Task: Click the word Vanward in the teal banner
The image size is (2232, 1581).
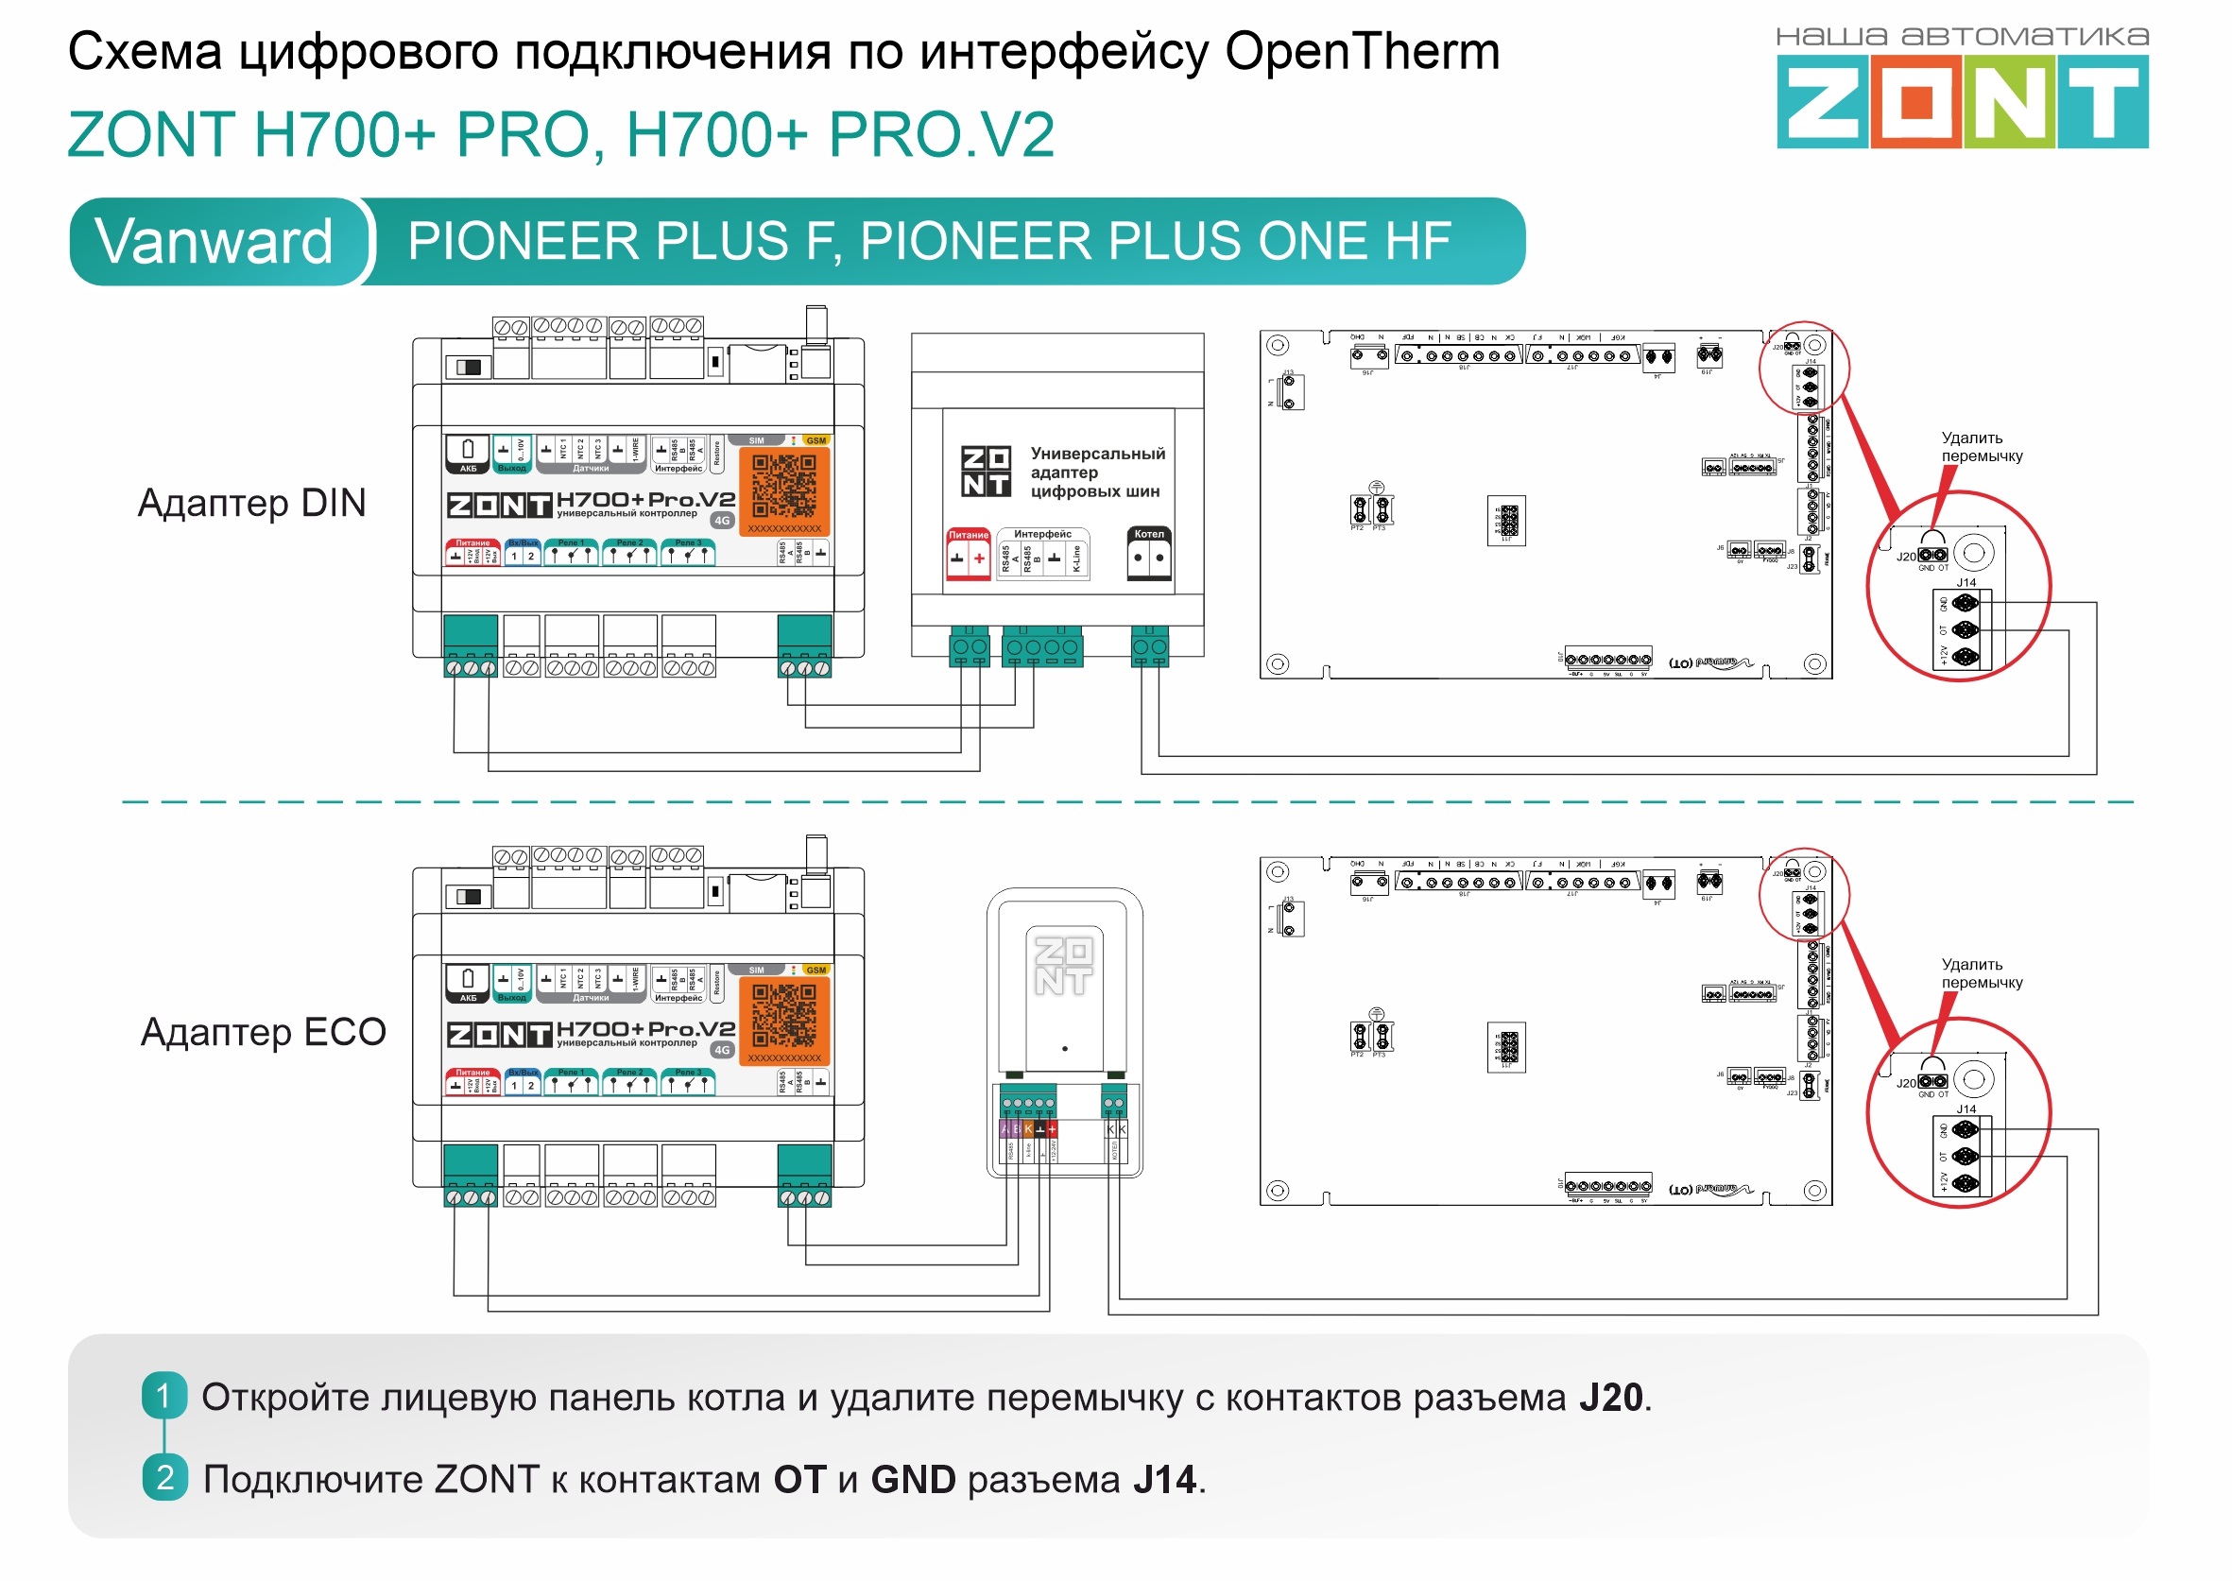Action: coord(214,241)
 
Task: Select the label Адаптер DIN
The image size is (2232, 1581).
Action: coord(251,504)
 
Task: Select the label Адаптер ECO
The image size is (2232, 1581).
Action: coord(263,1032)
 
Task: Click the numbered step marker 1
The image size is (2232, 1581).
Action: coord(163,1396)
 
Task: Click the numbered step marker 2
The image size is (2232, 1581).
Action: coord(163,1478)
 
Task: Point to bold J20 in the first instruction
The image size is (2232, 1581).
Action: coord(1610,1398)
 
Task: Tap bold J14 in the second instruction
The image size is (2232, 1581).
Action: coord(1164,1480)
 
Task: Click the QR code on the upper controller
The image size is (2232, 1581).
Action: coord(783,486)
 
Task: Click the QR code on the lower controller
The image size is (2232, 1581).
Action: coord(783,1015)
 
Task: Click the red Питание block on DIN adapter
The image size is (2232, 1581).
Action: coord(968,554)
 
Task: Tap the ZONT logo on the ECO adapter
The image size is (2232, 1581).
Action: coord(1062,966)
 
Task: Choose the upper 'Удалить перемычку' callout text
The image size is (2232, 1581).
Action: coord(1981,447)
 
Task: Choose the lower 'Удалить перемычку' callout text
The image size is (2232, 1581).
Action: coord(1981,973)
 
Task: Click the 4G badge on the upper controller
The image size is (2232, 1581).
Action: coord(722,521)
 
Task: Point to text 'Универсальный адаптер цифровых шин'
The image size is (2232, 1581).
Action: coord(1096,473)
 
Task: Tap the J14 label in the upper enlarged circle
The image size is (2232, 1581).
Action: coord(1966,582)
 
